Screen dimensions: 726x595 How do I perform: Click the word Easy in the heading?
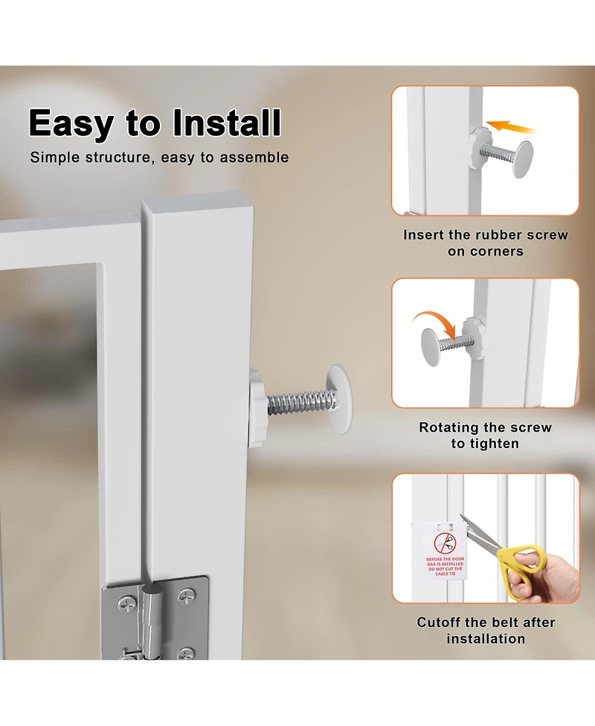pos(71,123)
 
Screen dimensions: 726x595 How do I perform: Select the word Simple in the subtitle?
pos(55,158)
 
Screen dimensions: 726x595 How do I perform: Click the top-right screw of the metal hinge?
pos(187,594)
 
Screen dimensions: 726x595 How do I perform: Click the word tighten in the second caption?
pos(495,444)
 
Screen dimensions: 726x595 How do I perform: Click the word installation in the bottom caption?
pos(486,638)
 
